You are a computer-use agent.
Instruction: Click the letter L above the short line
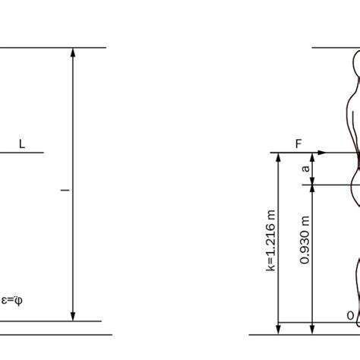coord(21,143)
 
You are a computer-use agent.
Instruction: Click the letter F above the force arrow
coord(299,143)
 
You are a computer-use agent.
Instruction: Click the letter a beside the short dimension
coord(305,169)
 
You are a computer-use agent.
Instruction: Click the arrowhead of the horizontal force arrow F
coord(322,153)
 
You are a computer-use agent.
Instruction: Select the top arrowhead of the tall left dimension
coord(73,53)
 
